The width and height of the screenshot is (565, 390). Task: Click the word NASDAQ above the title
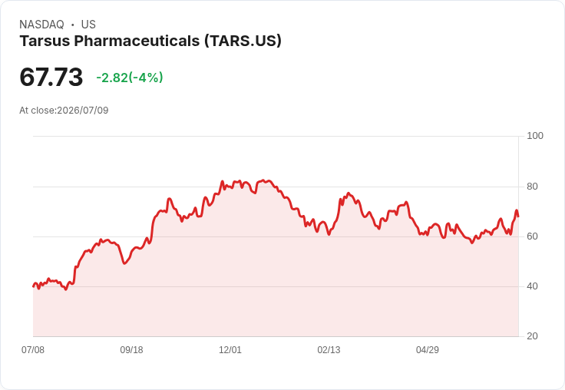click(x=41, y=25)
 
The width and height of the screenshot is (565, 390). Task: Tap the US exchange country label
click(x=88, y=25)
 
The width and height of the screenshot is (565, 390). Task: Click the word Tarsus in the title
click(x=45, y=41)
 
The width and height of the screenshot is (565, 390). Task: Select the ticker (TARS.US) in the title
click(x=243, y=41)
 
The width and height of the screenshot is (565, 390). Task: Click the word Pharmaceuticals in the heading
click(x=137, y=41)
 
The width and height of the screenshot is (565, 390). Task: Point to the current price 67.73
click(x=51, y=77)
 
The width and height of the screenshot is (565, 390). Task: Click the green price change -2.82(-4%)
click(x=130, y=78)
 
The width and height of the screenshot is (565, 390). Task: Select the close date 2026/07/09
click(x=83, y=111)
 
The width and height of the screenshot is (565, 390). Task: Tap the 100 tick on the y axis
click(x=535, y=136)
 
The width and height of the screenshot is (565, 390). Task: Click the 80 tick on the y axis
click(x=532, y=187)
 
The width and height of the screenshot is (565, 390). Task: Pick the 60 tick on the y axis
click(x=532, y=236)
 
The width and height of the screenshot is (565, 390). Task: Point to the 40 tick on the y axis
click(x=532, y=286)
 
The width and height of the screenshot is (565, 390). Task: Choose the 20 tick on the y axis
click(x=532, y=336)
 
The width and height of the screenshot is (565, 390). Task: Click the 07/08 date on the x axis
click(x=33, y=349)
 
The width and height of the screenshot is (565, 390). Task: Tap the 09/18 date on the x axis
click(x=131, y=349)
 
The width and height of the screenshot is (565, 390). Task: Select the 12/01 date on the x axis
click(x=230, y=349)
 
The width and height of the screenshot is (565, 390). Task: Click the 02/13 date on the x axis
click(x=329, y=349)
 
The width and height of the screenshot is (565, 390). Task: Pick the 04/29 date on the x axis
click(x=428, y=349)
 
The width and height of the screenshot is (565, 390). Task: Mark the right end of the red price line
click(x=518, y=216)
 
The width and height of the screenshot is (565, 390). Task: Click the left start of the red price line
click(x=33, y=286)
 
